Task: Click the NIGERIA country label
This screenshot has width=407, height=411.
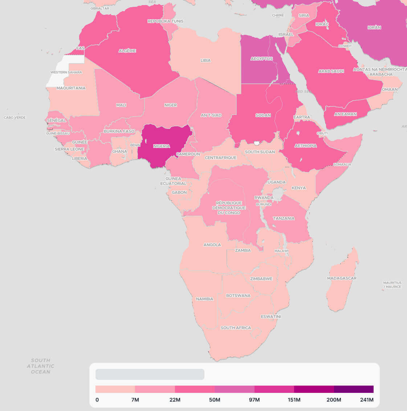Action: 162,146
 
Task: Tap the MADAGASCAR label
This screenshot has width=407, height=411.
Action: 342,278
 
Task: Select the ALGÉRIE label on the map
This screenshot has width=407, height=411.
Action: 127,51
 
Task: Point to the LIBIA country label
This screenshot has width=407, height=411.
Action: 205,60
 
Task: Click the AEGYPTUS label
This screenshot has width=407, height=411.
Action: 261,58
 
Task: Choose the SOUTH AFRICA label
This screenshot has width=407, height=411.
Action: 236,328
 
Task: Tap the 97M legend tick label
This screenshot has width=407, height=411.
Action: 254,400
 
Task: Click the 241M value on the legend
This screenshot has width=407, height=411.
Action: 367,400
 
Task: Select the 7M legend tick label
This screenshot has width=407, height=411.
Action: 135,400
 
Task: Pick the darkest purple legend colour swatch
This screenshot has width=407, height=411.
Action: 354,389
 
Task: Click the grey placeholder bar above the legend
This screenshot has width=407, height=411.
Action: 150,374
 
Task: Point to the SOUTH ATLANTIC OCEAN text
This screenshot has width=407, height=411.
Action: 40,366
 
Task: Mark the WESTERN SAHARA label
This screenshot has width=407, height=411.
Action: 66,72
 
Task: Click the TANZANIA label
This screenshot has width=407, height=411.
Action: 284,218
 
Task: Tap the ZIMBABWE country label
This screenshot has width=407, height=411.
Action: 261,279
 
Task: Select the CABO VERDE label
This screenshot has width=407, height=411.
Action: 15,118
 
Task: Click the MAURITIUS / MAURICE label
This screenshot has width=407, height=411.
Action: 392,284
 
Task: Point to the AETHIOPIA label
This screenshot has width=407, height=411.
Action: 305,146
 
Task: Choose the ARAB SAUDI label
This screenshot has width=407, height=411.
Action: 331,71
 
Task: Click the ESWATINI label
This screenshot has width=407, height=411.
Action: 271,317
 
